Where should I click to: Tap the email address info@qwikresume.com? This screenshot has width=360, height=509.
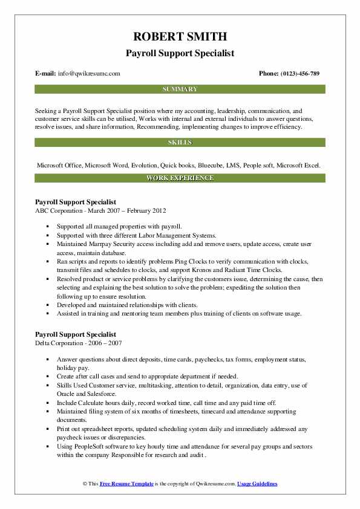tap(88, 73)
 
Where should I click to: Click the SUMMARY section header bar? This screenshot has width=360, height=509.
tap(180, 89)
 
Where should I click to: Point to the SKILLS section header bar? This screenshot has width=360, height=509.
tap(180, 143)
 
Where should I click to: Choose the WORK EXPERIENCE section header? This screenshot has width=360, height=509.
tap(180, 178)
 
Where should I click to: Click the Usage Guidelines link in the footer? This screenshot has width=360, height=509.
tap(257, 484)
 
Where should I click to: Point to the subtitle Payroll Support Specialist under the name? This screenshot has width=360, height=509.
tap(180, 53)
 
